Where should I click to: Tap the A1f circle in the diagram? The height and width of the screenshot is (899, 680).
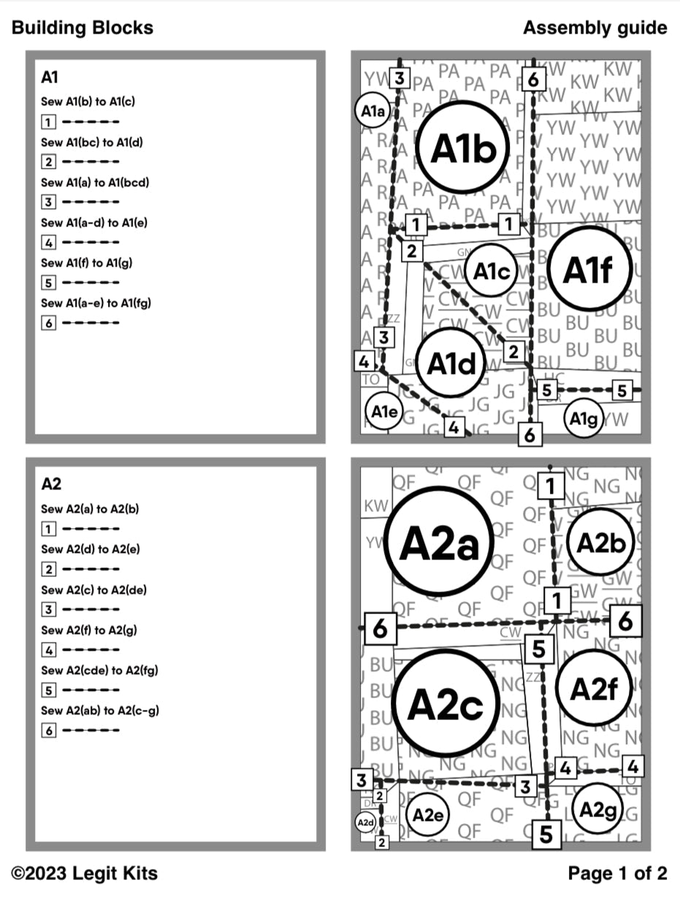[587, 270]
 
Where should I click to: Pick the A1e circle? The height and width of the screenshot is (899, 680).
[383, 412]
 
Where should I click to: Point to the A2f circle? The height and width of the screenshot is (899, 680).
[593, 688]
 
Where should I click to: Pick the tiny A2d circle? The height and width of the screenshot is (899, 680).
[366, 822]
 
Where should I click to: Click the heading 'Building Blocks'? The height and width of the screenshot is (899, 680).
[83, 28]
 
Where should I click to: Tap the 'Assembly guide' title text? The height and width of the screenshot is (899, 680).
[595, 28]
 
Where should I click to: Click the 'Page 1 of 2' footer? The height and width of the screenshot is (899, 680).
[617, 873]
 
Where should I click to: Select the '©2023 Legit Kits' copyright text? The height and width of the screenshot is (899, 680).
[85, 873]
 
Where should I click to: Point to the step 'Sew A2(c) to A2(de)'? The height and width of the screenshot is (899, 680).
[93, 589]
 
